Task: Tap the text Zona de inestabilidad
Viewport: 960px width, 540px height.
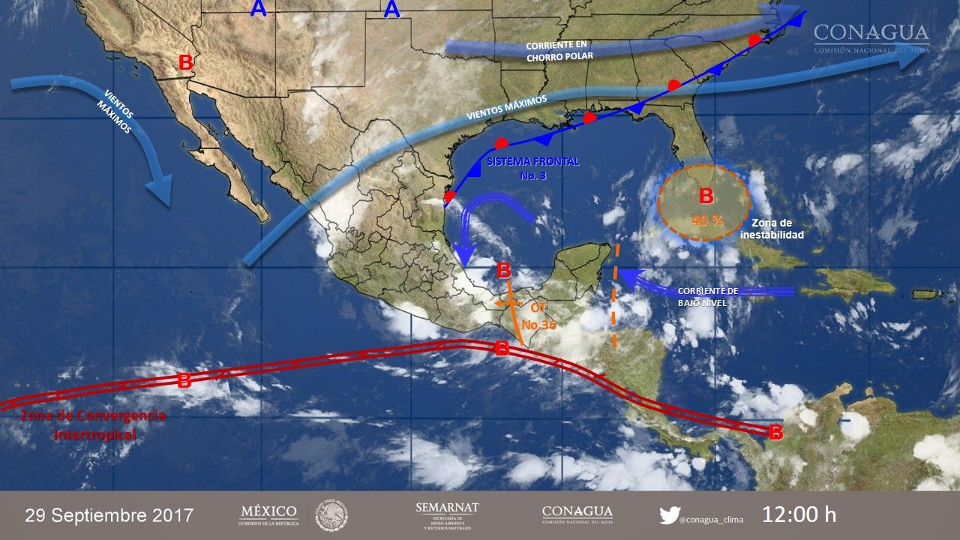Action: pos(771,229)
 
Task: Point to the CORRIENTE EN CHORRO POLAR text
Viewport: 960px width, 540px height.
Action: pos(559,51)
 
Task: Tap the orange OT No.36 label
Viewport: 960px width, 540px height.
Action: pos(536,316)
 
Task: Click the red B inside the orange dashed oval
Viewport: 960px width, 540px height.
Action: pos(706,196)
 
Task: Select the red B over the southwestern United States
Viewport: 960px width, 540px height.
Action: pos(185,63)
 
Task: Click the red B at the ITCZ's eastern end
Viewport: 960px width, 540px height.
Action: pos(776,432)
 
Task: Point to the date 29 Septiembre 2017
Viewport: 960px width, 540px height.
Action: pos(109,516)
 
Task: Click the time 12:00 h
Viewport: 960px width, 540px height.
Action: pos(799,515)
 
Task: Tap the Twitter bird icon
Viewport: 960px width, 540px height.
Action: pos(669,515)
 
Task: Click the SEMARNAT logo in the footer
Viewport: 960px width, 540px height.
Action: pos(447,514)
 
